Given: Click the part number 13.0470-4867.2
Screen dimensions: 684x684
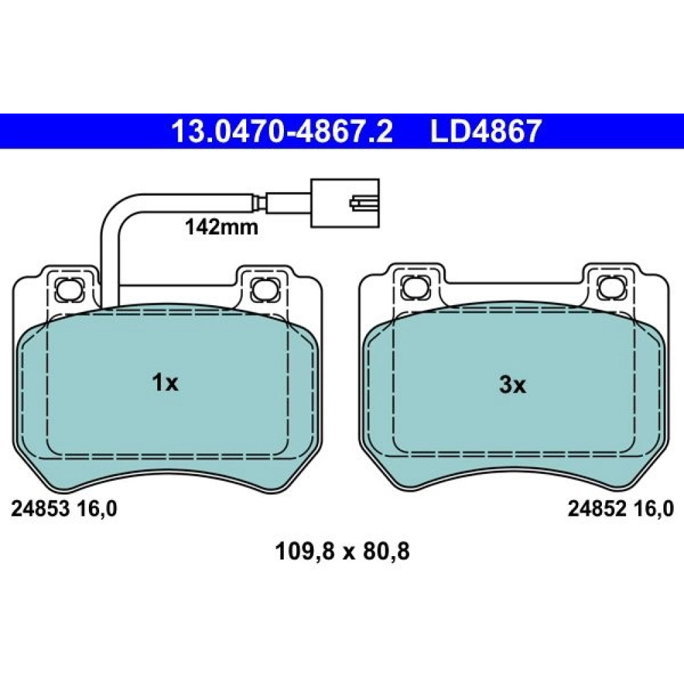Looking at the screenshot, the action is point(282,131).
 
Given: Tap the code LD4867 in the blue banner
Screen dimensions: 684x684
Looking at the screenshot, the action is point(486,131).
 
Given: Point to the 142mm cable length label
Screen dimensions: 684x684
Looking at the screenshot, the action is point(222,227).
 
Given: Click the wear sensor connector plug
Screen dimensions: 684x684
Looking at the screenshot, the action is point(345,203).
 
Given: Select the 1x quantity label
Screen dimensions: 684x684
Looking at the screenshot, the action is point(165,383).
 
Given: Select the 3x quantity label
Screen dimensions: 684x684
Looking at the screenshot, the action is point(512,384).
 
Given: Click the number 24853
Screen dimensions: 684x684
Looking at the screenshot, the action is point(40,509).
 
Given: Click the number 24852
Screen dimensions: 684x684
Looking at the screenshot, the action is point(596,509).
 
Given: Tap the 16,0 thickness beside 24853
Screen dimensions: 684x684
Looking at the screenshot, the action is point(97,509).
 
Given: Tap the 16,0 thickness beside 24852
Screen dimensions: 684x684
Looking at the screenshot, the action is point(653,509).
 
